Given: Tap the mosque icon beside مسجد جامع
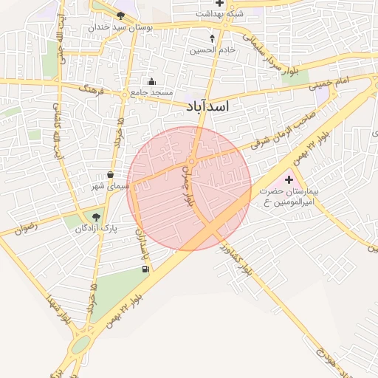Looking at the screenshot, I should (x=151, y=82).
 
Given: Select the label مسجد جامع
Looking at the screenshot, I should (x=152, y=92).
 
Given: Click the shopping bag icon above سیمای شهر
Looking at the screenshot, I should (x=111, y=175).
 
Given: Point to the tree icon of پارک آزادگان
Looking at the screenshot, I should (x=97, y=217).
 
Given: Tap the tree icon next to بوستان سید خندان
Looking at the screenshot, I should (x=120, y=15).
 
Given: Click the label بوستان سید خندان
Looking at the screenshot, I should (x=120, y=27).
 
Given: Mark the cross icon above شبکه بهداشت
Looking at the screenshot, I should (x=219, y=4).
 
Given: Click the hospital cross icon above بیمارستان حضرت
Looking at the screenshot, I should (x=288, y=179).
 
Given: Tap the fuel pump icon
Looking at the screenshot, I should (x=145, y=269).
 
